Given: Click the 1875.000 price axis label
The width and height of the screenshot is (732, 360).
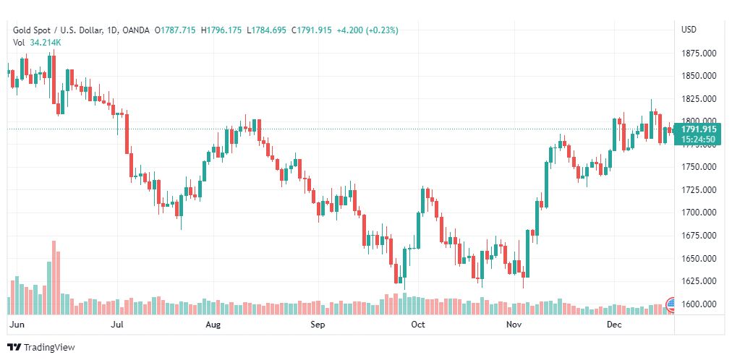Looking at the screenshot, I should click(698, 53).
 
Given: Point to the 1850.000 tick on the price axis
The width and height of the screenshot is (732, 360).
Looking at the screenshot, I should click(698, 76).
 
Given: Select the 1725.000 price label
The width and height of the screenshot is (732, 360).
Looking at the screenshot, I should click(698, 190).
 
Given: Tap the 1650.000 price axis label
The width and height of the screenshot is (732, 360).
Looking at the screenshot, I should click(698, 258).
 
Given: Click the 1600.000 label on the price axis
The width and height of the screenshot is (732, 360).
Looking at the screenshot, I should click(698, 304).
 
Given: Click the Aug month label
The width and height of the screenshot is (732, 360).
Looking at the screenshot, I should click(213, 325).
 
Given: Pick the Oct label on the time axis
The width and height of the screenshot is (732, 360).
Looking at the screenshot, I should click(417, 325).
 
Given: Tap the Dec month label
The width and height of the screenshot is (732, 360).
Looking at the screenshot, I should click(614, 325).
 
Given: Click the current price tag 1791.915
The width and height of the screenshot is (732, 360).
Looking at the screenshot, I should click(699, 129).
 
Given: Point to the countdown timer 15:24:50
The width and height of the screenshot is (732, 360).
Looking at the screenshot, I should click(699, 140).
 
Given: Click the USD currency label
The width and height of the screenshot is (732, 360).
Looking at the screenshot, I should click(689, 30).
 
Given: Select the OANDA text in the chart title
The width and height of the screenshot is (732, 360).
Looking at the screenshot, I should click(136, 30).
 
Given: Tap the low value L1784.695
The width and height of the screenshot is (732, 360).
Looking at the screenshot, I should click(268, 30).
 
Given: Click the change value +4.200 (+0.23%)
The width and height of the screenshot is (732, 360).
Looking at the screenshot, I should click(367, 30).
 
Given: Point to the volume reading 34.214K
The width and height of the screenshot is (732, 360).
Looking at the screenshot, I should click(46, 43).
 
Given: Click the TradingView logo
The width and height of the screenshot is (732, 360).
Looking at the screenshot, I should click(41, 347).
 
